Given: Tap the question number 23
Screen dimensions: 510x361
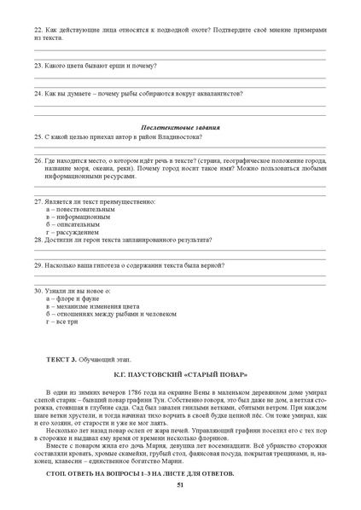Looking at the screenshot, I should tap(38, 64).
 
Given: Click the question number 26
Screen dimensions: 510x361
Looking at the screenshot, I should tap(38, 159).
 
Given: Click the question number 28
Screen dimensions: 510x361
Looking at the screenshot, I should tap(38, 240).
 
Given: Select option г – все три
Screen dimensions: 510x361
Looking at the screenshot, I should tap(65, 322).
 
